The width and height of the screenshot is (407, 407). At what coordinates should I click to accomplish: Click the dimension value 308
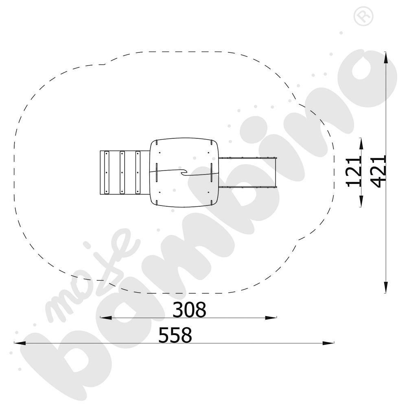coord(189,310)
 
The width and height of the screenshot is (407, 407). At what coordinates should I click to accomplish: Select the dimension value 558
coord(175,336)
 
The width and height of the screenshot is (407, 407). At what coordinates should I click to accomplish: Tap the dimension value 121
coord(354,171)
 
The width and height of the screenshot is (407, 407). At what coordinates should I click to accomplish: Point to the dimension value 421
coord(379,171)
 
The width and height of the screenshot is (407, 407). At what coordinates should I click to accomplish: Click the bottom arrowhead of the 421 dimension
coord(386,287)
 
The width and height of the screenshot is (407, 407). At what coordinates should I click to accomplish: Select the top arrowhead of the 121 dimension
coord(361,143)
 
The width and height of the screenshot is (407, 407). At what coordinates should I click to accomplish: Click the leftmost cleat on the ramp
coord(107,172)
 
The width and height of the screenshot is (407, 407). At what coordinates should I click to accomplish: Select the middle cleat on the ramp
coord(122,172)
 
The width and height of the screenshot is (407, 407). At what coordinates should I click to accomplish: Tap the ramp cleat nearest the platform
coord(138,172)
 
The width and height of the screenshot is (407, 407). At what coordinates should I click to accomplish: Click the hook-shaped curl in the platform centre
coord(184,173)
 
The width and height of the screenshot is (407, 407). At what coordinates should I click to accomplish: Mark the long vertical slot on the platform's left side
coord(156,172)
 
